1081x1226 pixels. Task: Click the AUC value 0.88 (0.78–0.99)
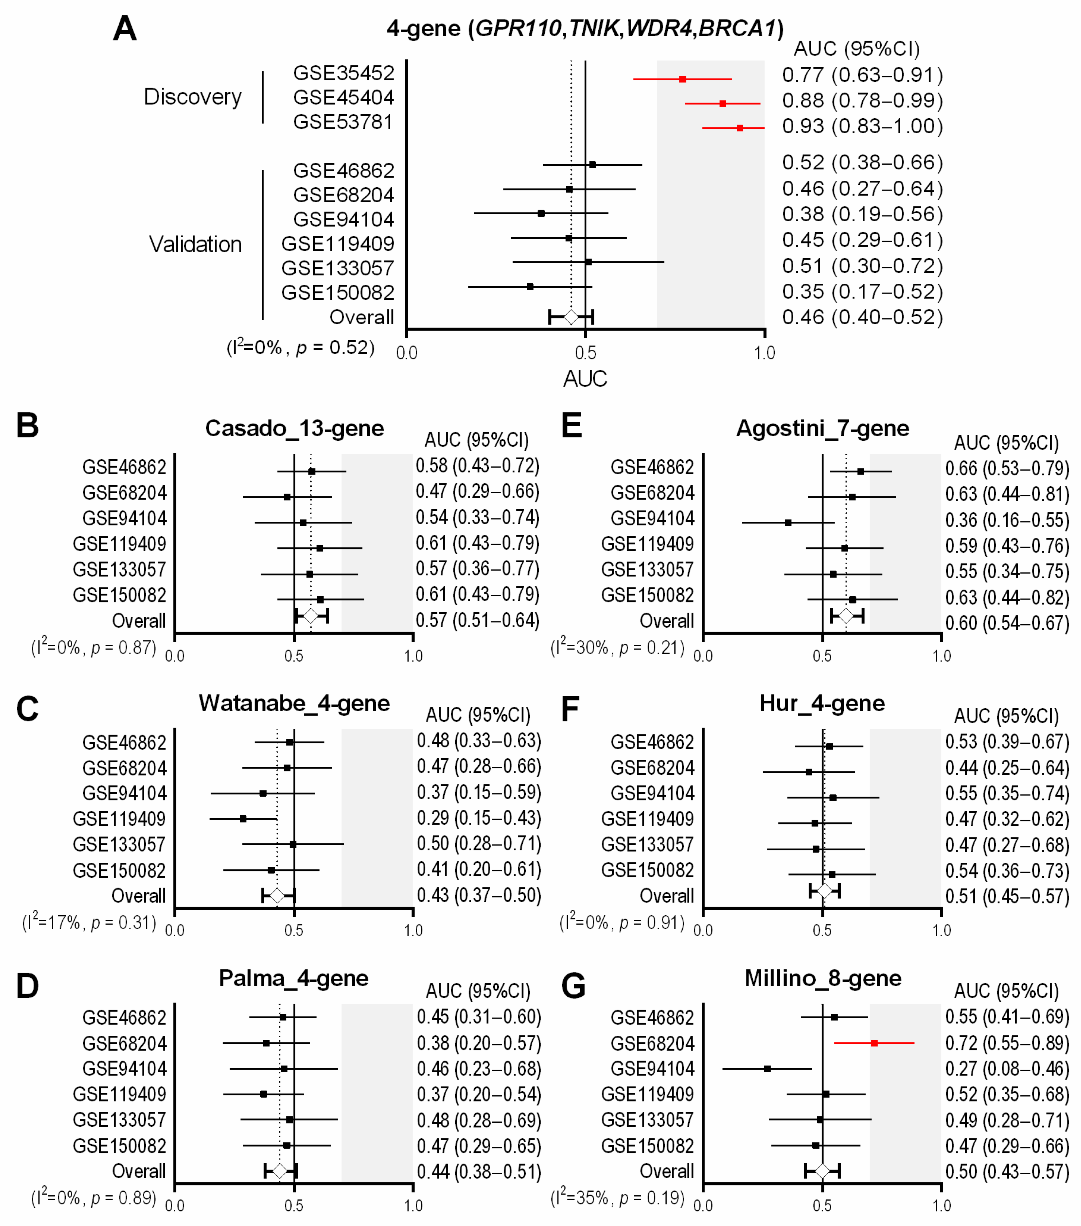[862, 100]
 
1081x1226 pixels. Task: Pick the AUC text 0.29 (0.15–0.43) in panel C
[479, 818]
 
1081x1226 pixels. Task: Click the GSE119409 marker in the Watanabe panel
[243, 819]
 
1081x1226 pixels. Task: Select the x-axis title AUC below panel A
[585, 379]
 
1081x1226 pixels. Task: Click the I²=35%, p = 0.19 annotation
[617, 1198]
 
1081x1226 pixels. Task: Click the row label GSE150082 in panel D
[119, 1146]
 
